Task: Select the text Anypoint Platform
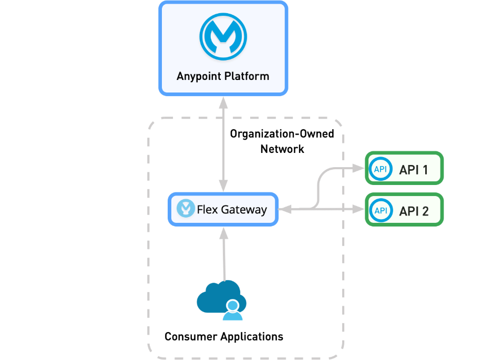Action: click(x=223, y=76)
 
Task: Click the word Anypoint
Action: click(x=199, y=76)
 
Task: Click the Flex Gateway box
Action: click(x=223, y=210)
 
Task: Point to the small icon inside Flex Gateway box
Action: click(x=186, y=209)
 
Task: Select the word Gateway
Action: click(x=243, y=210)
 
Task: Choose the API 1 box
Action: click(x=404, y=169)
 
